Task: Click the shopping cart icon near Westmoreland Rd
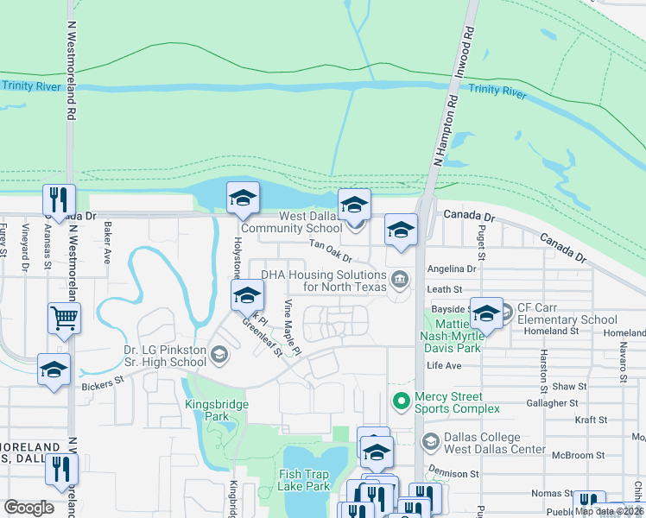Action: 64,318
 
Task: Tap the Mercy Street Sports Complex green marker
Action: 401,401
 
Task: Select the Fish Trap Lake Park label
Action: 305,480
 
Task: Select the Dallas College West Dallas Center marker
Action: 429,442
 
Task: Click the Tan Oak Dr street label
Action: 331,251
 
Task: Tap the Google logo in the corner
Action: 29,507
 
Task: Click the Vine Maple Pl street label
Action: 292,328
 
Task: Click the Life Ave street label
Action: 445,366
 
